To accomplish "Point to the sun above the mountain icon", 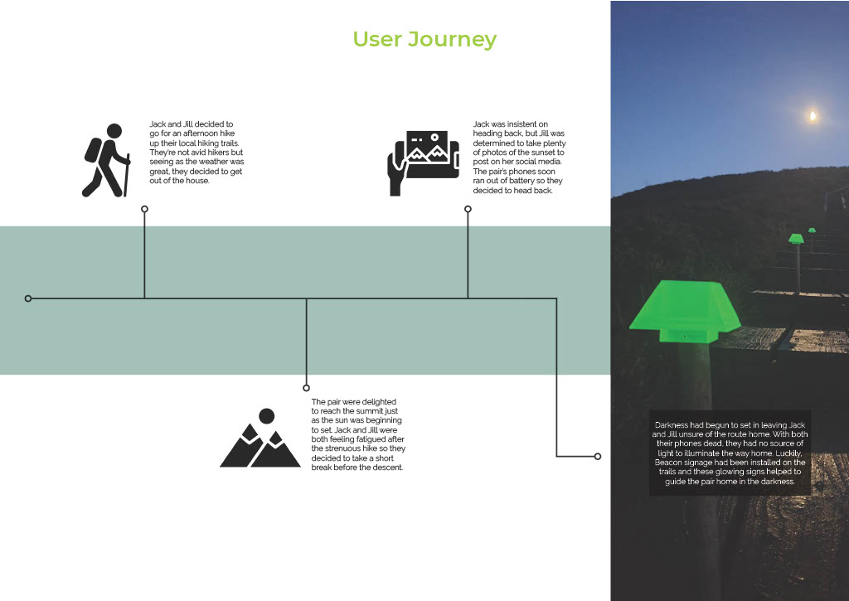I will (266, 415).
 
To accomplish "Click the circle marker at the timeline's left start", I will (28, 298).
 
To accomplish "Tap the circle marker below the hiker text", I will (144, 209).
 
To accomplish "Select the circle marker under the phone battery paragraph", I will (468, 209).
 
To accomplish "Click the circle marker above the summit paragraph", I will (306, 387).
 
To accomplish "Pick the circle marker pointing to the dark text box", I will (597, 456).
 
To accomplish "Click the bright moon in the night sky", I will (813, 116).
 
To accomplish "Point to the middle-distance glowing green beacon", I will (796, 239).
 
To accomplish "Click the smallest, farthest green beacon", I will (812, 230).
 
